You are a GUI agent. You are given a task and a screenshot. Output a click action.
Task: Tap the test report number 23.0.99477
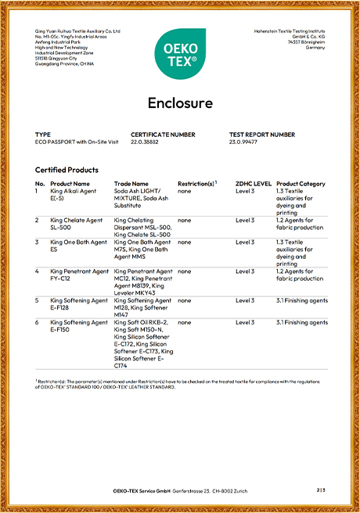coord(244,142)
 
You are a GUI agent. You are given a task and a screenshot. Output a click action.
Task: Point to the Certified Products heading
coord(67,170)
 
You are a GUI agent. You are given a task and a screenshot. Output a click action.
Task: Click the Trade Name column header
coord(131,184)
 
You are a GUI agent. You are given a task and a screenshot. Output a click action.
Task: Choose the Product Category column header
coord(301,184)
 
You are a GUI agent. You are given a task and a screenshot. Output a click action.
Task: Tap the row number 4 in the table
coord(38,271)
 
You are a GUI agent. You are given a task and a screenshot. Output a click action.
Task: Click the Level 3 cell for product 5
coord(245,300)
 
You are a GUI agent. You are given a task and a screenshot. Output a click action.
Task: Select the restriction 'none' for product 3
coord(184,242)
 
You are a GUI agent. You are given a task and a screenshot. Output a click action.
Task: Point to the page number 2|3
coord(320,490)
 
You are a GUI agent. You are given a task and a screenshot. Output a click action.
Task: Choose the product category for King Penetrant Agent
coord(300,275)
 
